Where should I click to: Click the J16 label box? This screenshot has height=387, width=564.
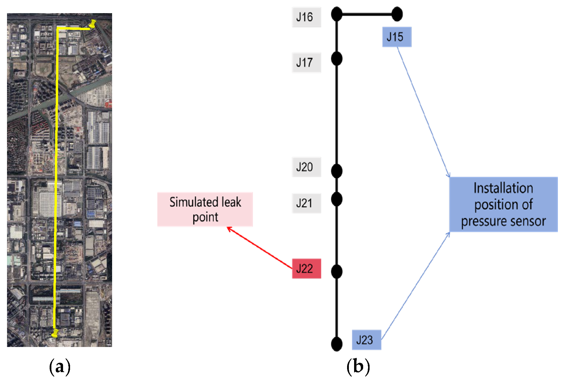[306, 17]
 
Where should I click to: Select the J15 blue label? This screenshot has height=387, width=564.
[396, 37]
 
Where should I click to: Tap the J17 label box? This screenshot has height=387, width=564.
[306, 63]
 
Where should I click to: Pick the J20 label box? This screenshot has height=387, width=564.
[306, 167]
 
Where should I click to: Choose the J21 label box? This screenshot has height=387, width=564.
[306, 203]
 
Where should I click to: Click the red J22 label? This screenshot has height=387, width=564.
[306, 268]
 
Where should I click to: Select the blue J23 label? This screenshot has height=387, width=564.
[366, 340]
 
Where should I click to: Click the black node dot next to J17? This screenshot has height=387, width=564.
[337, 59]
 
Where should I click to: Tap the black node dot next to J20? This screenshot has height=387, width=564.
[337, 171]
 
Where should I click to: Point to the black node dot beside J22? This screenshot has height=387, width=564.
[337, 272]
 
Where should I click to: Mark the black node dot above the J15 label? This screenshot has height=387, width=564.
[397, 14]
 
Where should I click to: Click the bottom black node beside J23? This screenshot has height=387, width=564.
[337, 344]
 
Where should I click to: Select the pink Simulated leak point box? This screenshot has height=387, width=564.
[205, 209]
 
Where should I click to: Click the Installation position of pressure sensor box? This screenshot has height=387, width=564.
[503, 204]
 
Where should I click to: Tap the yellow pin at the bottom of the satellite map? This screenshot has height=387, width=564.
[55, 333]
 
